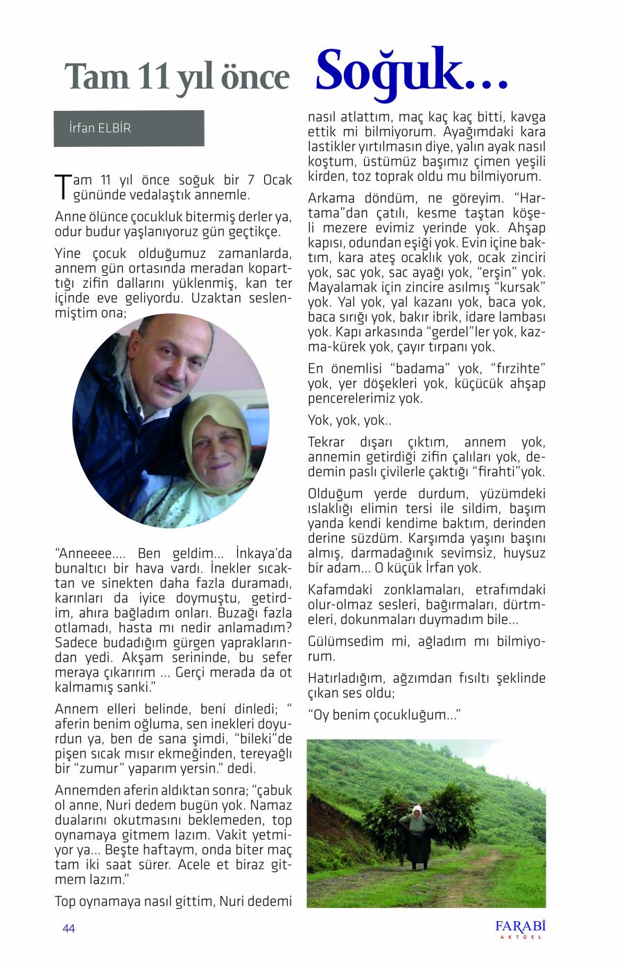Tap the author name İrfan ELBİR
(100, 128)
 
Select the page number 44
(69, 929)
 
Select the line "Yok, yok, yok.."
(350, 421)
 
